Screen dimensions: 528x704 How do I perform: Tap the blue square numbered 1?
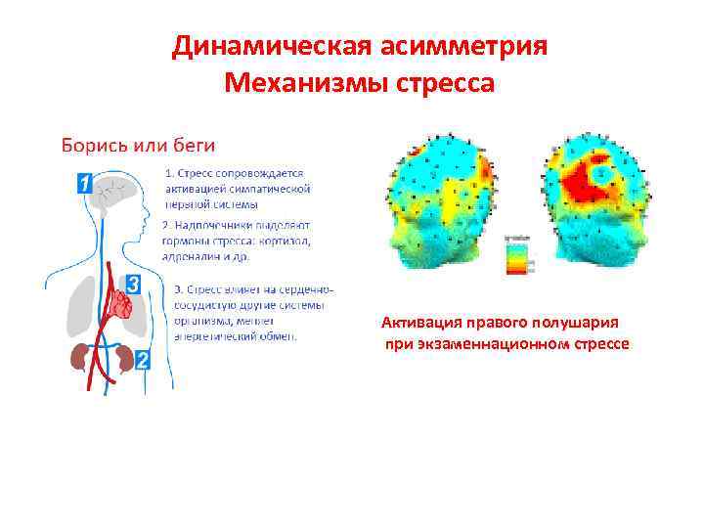(85, 182)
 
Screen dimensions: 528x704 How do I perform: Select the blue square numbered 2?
(143, 360)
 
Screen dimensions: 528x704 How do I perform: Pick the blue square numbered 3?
(134, 284)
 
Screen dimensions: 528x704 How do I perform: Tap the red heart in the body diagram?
(122, 305)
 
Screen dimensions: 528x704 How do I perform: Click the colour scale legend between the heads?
(516, 256)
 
